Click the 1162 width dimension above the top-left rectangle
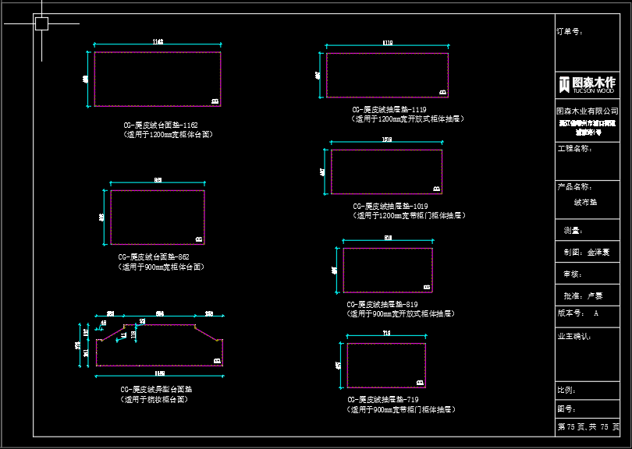(158, 41)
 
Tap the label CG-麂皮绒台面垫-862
(154, 256)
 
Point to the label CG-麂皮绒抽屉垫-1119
(389, 110)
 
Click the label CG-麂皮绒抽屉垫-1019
(390, 206)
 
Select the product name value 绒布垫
(585, 202)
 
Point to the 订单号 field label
(570, 32)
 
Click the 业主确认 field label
(573, 336)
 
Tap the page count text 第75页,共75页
(588, 427)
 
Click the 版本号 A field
(578, 313)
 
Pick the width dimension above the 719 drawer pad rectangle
(386, 334)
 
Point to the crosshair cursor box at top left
(41, 24)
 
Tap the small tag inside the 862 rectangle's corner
(198, 239)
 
